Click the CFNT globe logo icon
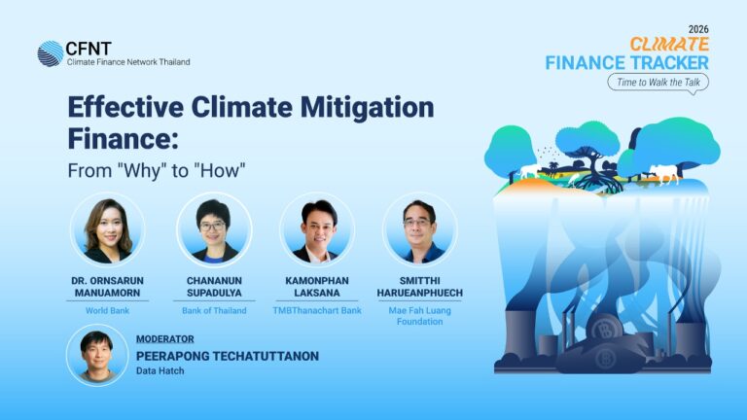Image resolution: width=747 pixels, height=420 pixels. [x=51, y=53]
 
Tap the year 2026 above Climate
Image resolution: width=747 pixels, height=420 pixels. [x=698, y=29]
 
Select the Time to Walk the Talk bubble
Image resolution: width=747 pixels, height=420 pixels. [x=658, y=83]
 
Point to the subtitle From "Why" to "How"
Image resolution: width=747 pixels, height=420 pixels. [x=157, y=170]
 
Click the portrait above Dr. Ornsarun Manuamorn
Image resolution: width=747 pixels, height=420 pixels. [x=108, y=229]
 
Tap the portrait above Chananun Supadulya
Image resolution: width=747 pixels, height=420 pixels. [x=214, y=229]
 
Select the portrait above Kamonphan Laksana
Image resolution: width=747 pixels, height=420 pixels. [x=317, y=229]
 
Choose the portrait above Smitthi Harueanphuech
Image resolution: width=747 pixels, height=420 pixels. [x=420, y=229]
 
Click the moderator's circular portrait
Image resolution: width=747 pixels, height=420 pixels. [x=97, y=355]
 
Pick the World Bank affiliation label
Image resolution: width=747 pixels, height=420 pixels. [x=107, y=310]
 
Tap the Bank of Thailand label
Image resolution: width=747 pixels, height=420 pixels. [x=214, y=310]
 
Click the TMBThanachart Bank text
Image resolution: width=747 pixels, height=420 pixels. [x=317, y=310]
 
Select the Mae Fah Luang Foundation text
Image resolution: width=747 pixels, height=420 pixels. [x=420, y=316]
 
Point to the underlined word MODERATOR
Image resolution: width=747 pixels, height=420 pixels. [x=164, y=339]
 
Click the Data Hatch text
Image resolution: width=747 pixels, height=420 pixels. [x=160, y=370]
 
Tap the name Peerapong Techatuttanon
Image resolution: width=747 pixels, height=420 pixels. [x=228, y=356]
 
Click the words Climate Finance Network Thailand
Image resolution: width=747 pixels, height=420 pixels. [x=128, y=62]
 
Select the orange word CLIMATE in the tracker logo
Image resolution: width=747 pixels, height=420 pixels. [x=669, y=45]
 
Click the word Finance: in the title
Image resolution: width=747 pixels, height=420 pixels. [x=123, y=139]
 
